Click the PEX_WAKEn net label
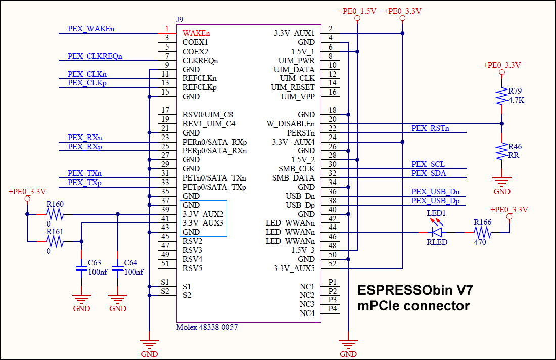click(x=91, y=29)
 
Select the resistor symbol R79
click(x=502, y=96)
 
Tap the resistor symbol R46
click(x=502, y=151)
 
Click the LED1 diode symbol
click(x=437, y=232)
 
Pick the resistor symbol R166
click(x=482, y=232)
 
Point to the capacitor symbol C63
click(x=81, y=267)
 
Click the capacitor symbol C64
click(x=118, y=267)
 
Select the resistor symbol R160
click(x=55, y=214)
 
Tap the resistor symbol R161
click(x=55, y=242)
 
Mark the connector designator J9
click(x=180, y=19)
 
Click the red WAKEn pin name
click(x=196, y=33)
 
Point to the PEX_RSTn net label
click(x=430, y=128)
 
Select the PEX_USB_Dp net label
click(x=435, y=201)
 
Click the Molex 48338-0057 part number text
click(x=207, y=327)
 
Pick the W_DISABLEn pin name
click(x=291, y=124)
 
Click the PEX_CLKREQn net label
click(x=95, y=56)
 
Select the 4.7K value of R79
click(x=516, y=100)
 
